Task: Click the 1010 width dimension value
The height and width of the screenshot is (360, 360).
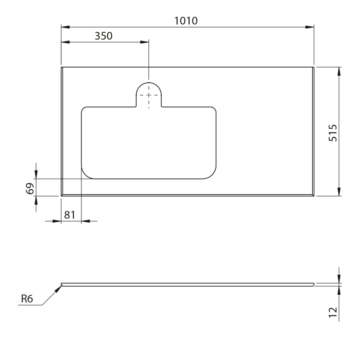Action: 186,21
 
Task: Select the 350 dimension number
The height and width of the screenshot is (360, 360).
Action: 103,36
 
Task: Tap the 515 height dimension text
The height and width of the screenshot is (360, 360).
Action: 333,133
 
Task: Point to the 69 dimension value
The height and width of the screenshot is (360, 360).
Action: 30,189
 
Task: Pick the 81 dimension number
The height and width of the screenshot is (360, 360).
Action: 70,215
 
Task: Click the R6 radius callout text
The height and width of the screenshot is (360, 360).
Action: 27,299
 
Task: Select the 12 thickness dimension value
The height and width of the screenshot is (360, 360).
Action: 333,312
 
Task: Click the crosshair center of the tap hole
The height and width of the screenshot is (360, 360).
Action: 149,95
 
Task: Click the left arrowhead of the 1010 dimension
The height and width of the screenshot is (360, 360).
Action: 65,27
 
